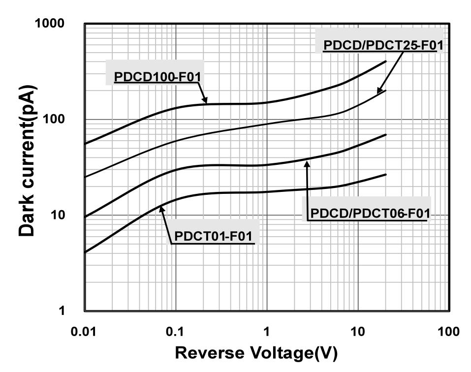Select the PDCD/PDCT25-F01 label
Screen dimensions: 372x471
[383, 46]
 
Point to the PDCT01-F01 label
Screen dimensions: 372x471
[214, 236]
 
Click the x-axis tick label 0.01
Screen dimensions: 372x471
[84, 331]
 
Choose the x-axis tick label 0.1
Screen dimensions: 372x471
[175, 331]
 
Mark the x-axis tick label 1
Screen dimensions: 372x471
[266, 331]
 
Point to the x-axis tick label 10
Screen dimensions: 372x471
[358, 331]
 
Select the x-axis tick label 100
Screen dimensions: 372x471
[448, 331]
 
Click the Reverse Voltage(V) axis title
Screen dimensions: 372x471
[256, 353]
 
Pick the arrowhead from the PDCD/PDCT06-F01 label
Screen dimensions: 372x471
[307, 163]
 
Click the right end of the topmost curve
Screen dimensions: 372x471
[386, 62]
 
